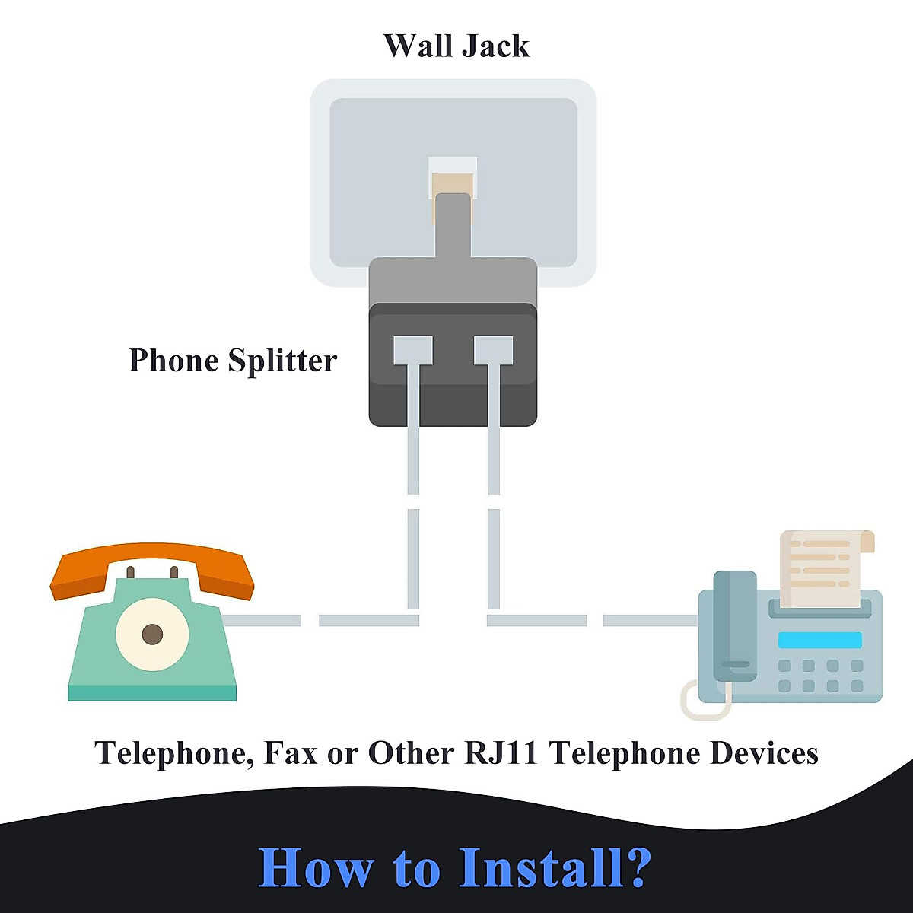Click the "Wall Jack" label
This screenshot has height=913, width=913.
coord(456,46)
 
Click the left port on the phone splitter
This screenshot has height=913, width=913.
coord(412,351)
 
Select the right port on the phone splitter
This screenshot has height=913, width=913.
coord(493,351)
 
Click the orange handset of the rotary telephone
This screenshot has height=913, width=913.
coord(152,569)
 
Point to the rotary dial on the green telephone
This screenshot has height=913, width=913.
coord(152,634)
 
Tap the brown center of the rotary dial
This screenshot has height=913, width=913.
coord(152,634)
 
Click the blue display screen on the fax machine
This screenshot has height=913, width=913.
coord(819,640)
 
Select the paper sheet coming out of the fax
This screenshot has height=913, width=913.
coord(827,568)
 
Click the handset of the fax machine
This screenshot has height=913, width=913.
coord(735,626)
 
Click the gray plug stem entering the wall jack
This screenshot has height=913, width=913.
coord(453,225)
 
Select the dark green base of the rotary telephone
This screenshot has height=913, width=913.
coord(152,692)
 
